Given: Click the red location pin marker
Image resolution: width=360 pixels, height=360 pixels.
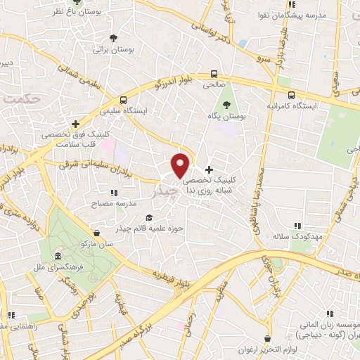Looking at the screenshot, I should pos(181,165).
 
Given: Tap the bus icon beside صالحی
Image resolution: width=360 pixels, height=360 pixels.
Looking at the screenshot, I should pos(214,75).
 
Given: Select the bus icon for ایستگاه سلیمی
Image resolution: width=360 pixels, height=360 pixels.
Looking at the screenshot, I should pos(123,100).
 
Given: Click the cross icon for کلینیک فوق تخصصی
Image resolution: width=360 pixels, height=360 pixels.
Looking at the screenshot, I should pos(75,124).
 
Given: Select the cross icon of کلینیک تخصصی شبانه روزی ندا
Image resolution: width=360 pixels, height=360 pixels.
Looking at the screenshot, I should pos(209,169).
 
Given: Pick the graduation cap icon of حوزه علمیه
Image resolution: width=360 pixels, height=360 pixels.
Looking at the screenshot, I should pos(148,218).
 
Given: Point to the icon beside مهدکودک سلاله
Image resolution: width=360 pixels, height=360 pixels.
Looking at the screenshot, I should pos(297,226).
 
